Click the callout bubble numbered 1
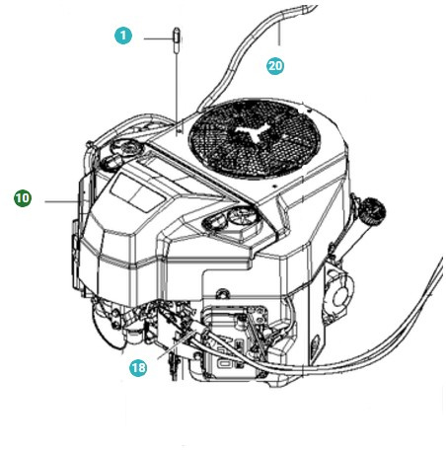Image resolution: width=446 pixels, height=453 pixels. [122, 37]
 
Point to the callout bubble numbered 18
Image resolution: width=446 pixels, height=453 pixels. [140, 367]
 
